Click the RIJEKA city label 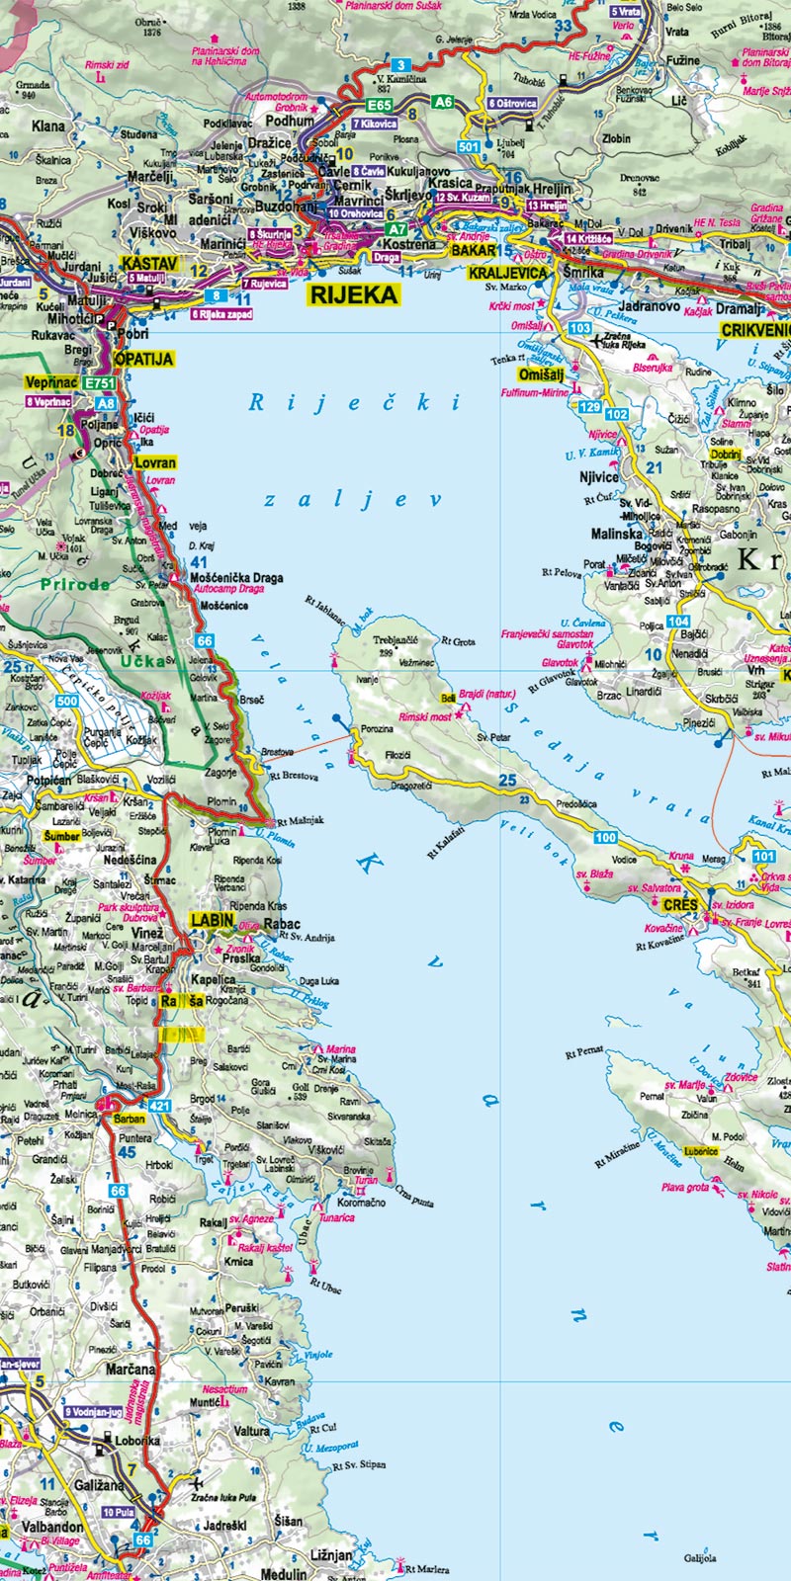click(x=354, y=294)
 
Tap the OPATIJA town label click(x=143, y=360)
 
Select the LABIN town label click(x=213, y=921)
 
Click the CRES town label click(x=680, y=905)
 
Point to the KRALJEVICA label click(x=508, y=272)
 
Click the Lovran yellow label click(x=155, y=462)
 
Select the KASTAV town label click(x=149, y=264)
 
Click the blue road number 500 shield click(x=67, y=702)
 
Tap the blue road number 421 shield click(x=160, y=1105)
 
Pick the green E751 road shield click(x=100, y=383)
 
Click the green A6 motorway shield click(x=443, y=102)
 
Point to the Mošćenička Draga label click(x=236, y=578)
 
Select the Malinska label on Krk click(x=617, y=534)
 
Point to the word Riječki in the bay click(x=354, y=402)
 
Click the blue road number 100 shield click(x=605, y=838)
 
